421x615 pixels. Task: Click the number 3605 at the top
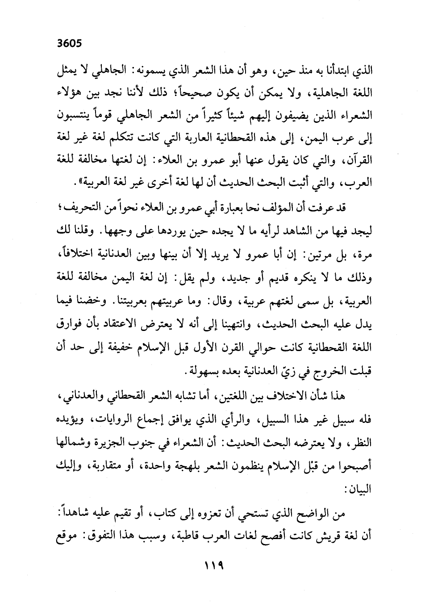tap(70, 44)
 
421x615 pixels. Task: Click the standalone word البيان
tap(360, 489)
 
